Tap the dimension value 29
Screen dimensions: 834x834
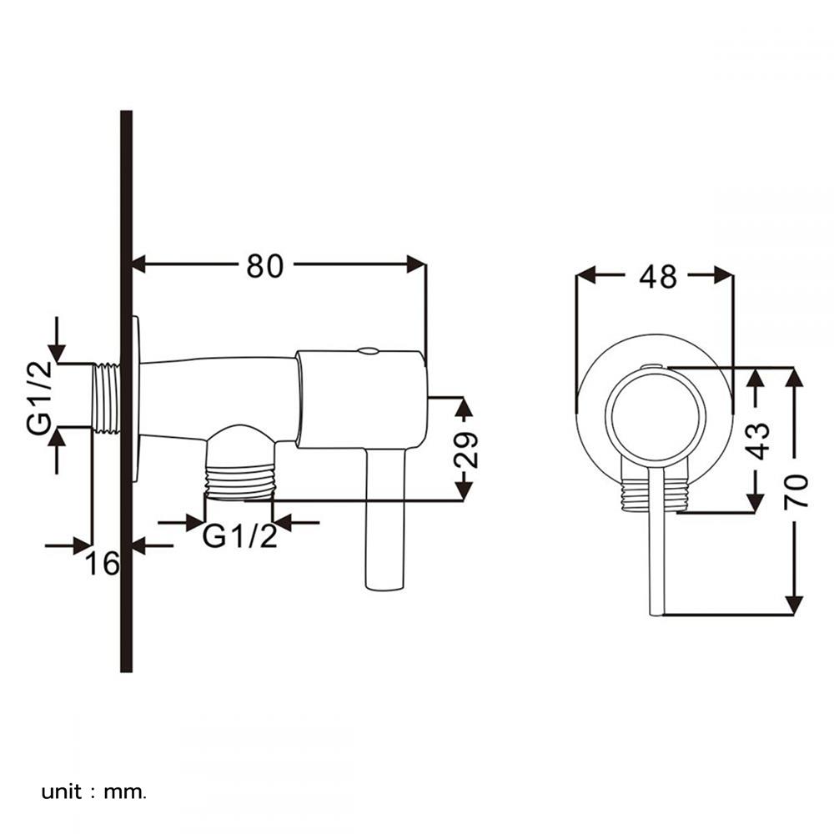(466, 450)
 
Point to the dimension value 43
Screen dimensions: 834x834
(757, 441)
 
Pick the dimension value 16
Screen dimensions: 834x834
(102, 563)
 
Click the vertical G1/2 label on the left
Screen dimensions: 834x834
(40, 397)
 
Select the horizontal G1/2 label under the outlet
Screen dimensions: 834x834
(240, 536)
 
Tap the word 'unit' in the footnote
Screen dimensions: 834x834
(61, 792)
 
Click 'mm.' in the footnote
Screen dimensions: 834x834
(125, 793)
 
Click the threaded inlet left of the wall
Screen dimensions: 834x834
(107, 398)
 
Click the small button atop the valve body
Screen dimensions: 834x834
(368, 350)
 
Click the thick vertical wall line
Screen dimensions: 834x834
(126, 391)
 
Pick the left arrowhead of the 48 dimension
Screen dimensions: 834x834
(585, 275)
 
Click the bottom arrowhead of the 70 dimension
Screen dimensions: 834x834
(794, 605)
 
